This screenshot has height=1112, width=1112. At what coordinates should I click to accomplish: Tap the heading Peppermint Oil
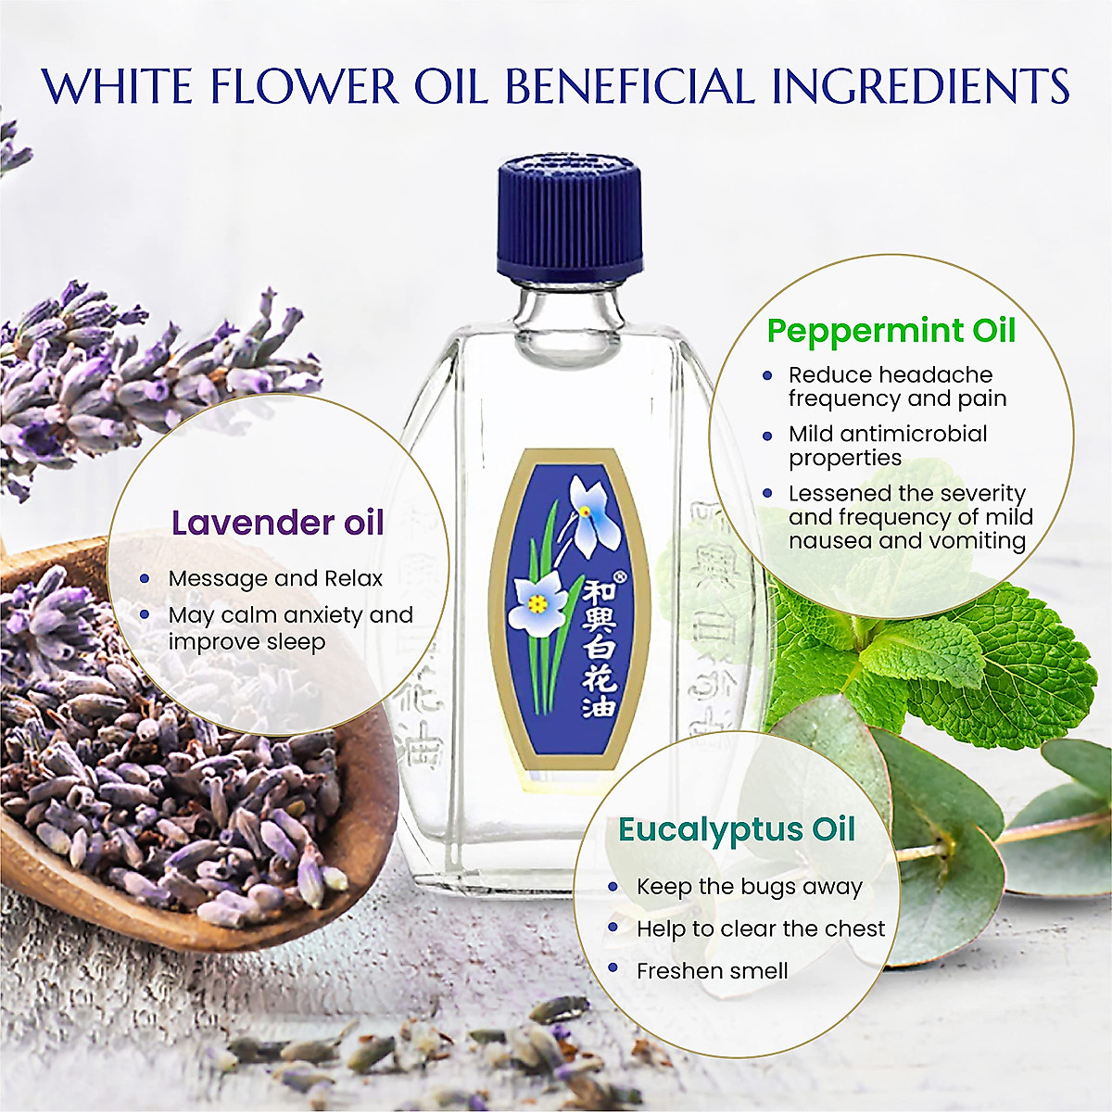pyautogui.click(x=891, y=331)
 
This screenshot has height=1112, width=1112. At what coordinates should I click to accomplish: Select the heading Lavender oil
pyautogui.click(x=278, y=523)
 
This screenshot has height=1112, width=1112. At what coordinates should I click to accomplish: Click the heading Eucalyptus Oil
pyautogui.click(x=737, y=829)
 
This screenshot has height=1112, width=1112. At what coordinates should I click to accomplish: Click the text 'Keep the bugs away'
pyautogui.click(x=749, y=887)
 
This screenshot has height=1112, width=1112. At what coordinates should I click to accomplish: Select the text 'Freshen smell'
pyautogui.click(x=712, y=971)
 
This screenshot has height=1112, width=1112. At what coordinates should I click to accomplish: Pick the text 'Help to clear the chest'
pyautogui.click(x=761, y=929)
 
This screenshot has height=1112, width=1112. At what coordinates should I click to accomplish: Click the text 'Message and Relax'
pyautogui.click(x=275, y=578)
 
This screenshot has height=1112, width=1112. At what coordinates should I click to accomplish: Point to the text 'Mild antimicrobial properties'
pyautogui.click(x=887, y=446)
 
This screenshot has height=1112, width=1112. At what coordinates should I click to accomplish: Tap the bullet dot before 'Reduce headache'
pyautogui.click(x=767, y=375)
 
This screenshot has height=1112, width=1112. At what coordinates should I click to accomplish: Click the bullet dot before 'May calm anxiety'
pyautogui.click(x=145, y=614)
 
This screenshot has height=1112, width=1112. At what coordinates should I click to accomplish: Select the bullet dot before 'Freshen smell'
pyautogui.click(x=613, y=968)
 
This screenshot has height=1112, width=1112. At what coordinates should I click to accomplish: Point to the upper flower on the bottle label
pyautogui.click(x=587, y=515)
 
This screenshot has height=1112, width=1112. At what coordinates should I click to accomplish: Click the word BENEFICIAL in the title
pyautogui.click(x=630, y=86)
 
